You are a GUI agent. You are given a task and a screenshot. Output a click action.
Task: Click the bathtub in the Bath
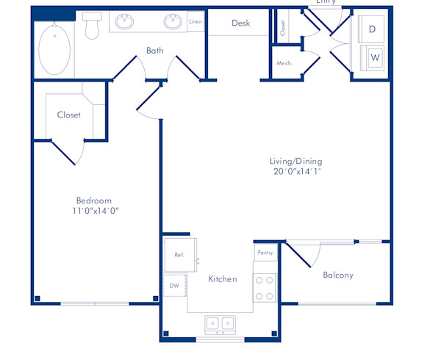pos(54,50)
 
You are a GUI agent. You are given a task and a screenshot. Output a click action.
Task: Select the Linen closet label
pos(196,22)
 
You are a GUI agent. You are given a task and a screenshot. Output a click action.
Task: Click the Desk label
pos(241,23)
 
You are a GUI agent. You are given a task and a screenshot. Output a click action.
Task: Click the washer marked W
pos(374,57)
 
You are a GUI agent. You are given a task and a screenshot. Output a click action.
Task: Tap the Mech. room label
pos(284,63)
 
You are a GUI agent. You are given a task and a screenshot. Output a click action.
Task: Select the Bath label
pos(155,51)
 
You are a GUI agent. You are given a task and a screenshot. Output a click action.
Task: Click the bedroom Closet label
pos(69,115)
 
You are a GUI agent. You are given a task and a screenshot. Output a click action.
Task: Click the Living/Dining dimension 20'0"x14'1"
pos(296,172)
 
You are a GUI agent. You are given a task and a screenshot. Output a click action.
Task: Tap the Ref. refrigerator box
pos(179,255)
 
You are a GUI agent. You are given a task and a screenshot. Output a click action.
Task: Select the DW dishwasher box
pos(174,285)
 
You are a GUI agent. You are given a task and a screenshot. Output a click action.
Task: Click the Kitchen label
pos(223,279)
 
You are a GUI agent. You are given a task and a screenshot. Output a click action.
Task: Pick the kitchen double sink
pos(219,323)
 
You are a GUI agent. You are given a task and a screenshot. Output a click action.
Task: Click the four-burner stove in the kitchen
pos(264,287)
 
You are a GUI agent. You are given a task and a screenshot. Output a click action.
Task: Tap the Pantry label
pos(265,253)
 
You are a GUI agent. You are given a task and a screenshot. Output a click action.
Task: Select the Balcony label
pos(338,276)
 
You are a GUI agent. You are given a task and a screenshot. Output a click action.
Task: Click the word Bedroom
pos(94,201)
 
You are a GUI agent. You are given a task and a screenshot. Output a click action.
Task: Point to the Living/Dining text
pos(296,162)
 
